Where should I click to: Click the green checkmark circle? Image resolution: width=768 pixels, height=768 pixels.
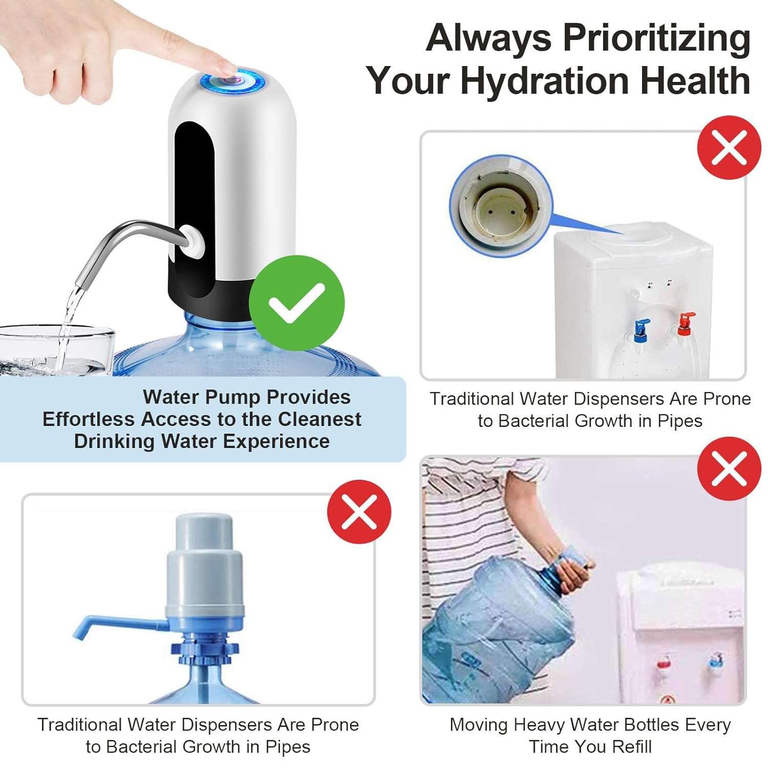click(297, 303)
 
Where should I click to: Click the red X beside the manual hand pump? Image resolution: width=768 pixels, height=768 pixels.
click(359, 511)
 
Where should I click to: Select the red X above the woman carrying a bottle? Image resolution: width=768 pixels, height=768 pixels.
click(729, 468)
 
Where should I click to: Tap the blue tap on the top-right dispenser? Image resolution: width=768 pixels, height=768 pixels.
click(640, 330)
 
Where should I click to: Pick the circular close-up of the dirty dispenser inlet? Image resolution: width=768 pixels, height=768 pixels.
click(501, 205)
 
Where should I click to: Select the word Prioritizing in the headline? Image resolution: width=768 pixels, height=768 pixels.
click(657, 38)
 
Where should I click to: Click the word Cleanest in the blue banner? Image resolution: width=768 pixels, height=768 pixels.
click(319, 419)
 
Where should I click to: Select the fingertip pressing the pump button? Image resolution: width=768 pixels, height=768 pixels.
click(225, 67)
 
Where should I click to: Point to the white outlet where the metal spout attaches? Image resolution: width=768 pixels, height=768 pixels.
click(193, 241)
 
